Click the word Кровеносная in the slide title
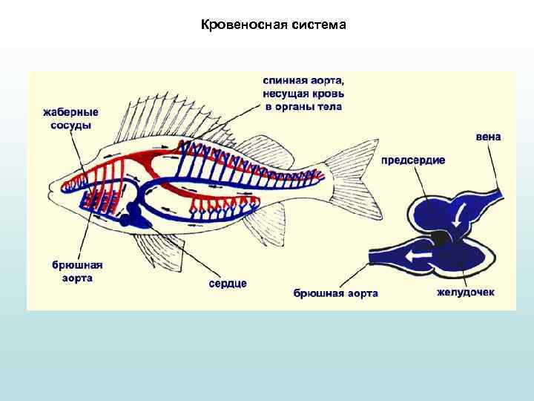(237, 25)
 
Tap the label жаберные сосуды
(70, 119)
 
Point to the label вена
(488, 137)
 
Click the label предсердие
(413, 160)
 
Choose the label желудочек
(465, 293)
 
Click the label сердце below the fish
(228, 283)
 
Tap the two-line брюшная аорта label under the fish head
(77, 271)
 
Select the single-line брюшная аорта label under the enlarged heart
(336, 293)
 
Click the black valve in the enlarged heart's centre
(441, 238)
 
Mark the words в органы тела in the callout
(303, 106)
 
